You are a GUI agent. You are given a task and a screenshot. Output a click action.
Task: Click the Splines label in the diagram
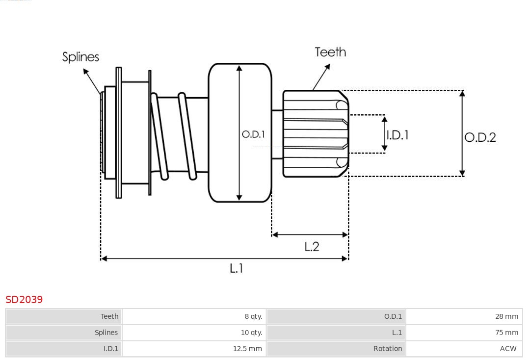(80, 57)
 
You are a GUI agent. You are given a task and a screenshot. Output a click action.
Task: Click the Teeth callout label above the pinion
(330, 52)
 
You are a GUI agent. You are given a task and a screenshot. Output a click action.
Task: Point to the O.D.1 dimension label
(253, 134)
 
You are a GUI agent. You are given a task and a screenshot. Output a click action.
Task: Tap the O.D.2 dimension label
(480, 137)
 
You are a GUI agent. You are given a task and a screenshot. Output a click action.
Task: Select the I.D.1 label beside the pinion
(397, 135)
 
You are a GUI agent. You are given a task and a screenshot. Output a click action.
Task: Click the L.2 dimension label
(312, 247)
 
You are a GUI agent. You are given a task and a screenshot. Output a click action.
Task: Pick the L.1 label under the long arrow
(237, 268)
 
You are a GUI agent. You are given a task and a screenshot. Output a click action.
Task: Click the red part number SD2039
(24, 299)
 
